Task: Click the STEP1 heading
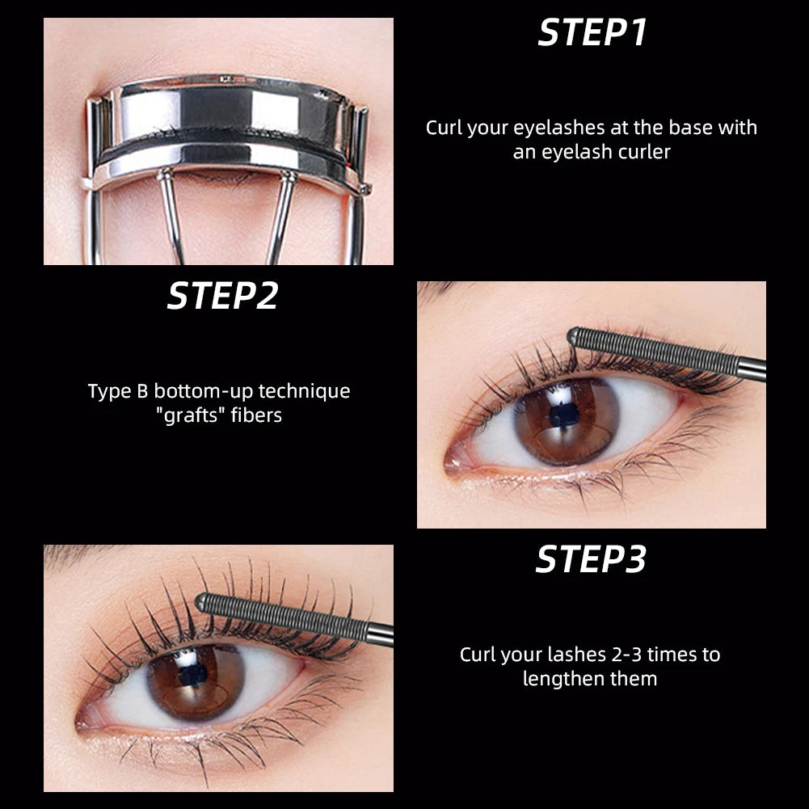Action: tap(592, 33)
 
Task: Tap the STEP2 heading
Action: tap(222, 297)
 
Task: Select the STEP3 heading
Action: tap(591, 559)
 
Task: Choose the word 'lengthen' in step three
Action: tap(561, 678)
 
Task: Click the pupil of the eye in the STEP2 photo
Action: tap(566, 415)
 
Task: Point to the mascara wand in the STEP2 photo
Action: tap(663, 353)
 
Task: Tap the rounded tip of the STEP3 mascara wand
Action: tap(201, 601)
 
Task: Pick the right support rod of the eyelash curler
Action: tap(284, 216)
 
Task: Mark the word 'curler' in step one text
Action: tap(643, 152)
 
